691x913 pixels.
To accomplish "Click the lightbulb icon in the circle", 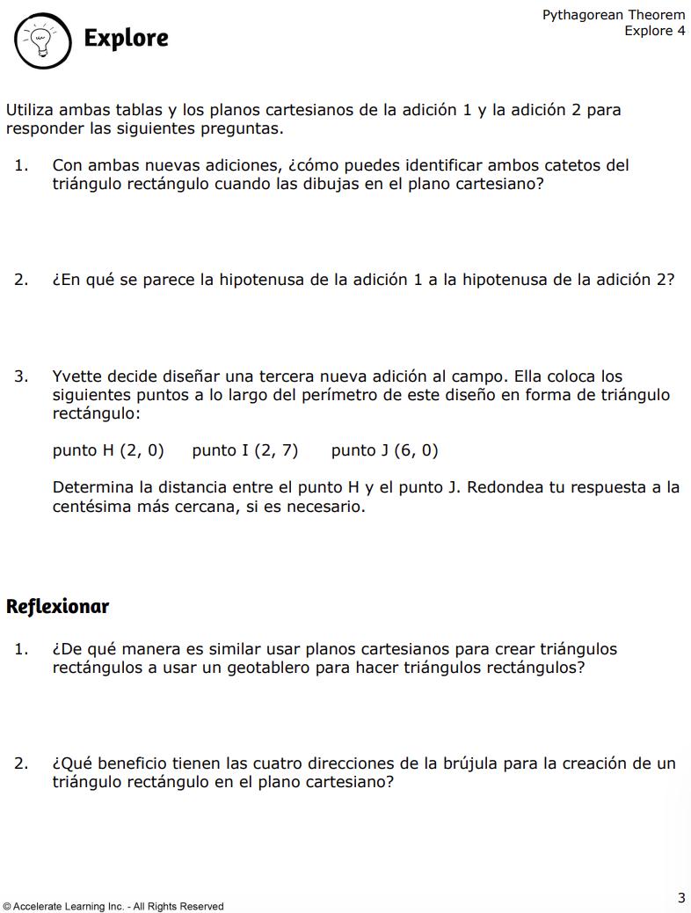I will pyautogui.click(x=40, y=39).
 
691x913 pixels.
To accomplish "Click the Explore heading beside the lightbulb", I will pyautogui.click(x=126, y=38).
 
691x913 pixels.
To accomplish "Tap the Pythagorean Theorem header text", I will pyautogui.click(x=613, y=15).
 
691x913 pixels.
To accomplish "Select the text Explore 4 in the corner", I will pyautogui.click(x=654, y=31).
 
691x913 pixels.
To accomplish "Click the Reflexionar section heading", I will pyautogui.click(x=57, y=606).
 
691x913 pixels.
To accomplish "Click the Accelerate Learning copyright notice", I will pyautogui.click(x=113, y=906).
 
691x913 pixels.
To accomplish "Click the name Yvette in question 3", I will pyautogui.click(x=78, y=376).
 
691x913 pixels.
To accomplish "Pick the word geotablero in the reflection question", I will pyautogui.click(x=295, y=668).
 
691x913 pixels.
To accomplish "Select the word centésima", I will pyautogui.click(x=91, y=507).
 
